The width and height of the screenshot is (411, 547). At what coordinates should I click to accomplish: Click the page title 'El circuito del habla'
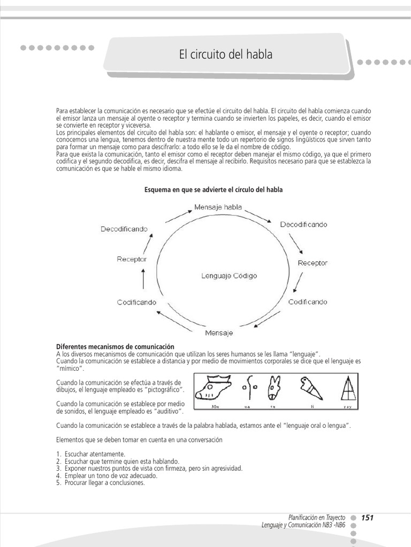coord(225,54)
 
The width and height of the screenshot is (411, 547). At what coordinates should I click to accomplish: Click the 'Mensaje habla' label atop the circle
coord(218,207)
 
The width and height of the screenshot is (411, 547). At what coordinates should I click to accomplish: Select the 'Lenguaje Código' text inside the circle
coord(229,276)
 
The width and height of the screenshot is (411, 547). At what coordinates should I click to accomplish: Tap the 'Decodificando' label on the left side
coord(124,229)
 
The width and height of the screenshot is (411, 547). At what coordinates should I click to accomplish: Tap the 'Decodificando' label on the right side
coord(303,224)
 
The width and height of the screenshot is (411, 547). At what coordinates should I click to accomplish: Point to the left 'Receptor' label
coord(132,259)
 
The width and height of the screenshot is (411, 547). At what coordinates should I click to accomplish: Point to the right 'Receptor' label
coord(313,263)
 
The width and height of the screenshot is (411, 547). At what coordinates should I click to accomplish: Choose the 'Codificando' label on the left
coord(136,302)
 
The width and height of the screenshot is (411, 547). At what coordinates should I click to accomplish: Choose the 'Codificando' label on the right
coord(308,302)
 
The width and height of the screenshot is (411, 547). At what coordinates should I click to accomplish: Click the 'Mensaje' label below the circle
coord(219,332)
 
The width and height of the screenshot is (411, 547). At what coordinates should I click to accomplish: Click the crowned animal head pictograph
coord(213,387)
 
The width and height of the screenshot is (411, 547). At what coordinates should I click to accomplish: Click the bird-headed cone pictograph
coord(309,387)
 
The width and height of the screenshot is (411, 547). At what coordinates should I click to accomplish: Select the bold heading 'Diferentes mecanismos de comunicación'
coord(115,347)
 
